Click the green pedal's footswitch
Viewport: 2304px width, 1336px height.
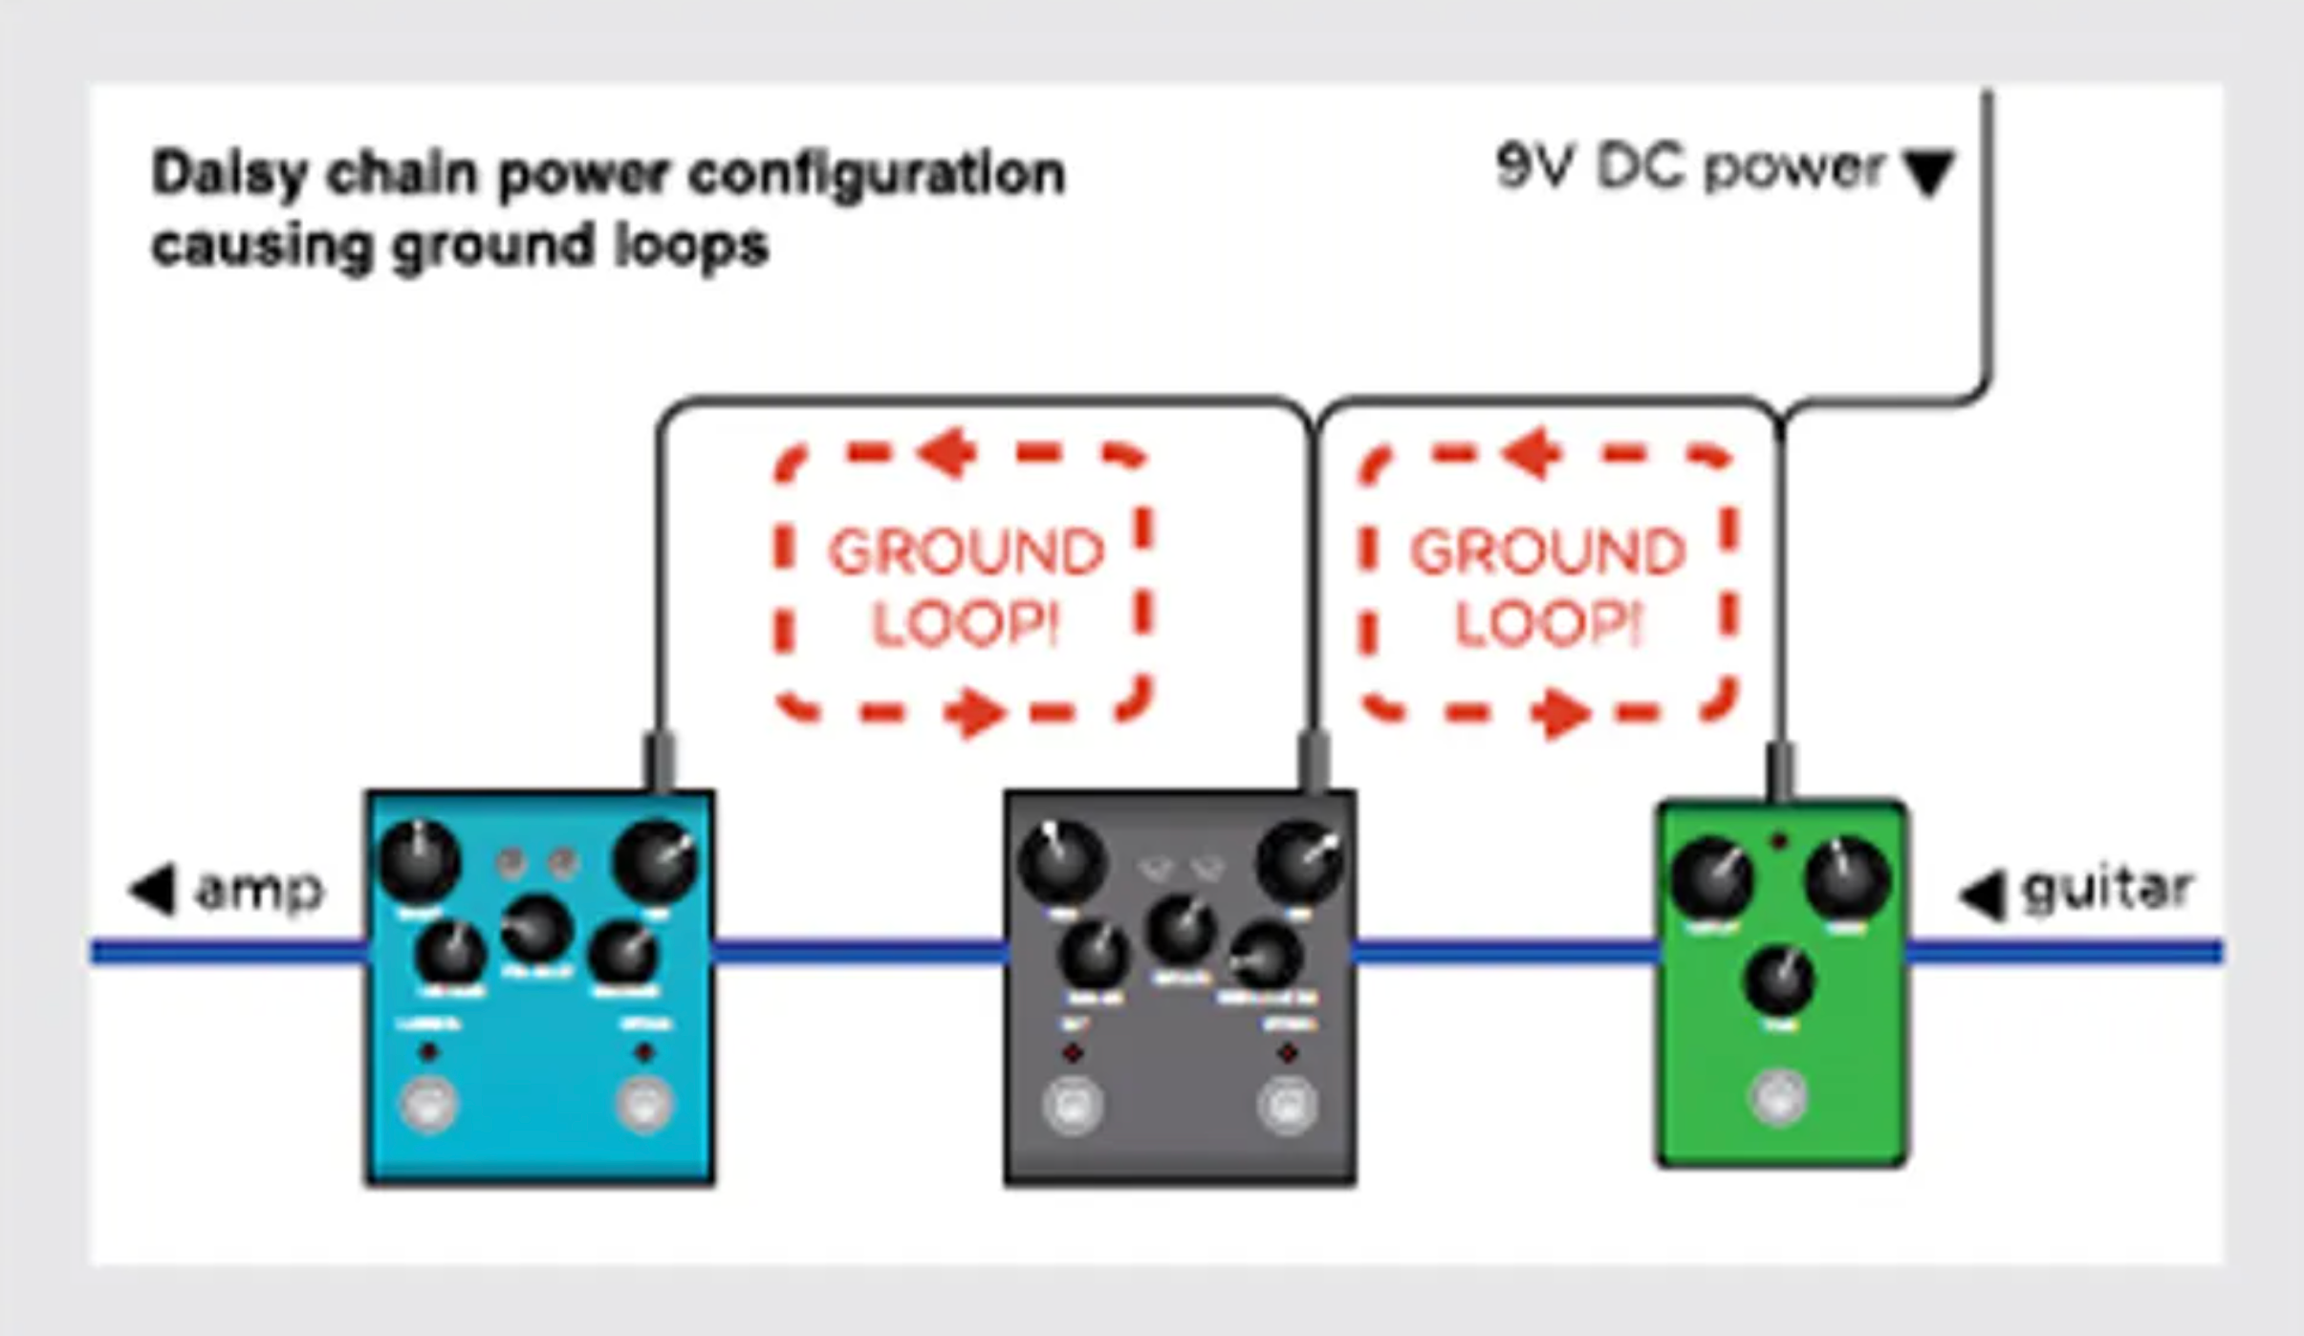1778,1096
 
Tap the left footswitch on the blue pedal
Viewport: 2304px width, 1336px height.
427,1104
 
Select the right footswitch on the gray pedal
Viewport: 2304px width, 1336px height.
1288,1105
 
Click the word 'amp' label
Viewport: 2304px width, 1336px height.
259,891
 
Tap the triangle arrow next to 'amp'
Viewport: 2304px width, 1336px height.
154,889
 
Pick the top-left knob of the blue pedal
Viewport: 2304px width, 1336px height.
420,861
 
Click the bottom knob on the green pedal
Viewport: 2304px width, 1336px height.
1779,980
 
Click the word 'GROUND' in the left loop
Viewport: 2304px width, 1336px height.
966,552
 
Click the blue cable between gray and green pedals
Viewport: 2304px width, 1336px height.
1506,952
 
